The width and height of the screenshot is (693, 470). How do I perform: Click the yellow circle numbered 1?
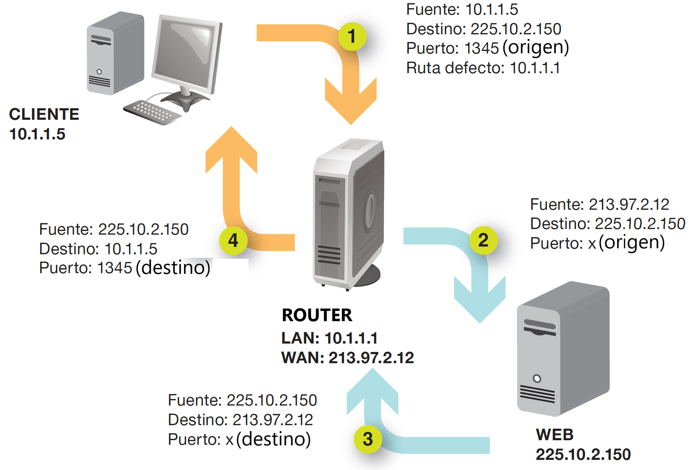click(x=352, y=36)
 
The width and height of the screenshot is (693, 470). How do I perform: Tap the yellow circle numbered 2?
click(x=483, y=240)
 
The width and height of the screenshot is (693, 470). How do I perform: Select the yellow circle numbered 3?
click(x=368, y=439)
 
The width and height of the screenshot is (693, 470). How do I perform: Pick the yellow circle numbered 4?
click(x=233, y=241)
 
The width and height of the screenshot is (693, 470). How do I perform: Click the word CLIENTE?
click(x=44, y=114)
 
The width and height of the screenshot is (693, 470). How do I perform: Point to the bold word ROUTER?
click(x=317, y=315)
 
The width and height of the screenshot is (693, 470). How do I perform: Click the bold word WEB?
click(x=555, y=435)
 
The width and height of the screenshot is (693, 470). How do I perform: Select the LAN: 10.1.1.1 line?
click(x=329, y=338)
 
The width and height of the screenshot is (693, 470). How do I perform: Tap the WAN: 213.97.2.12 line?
click(x=348, y=358)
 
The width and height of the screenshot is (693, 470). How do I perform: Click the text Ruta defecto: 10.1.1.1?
click(x=483, y=68)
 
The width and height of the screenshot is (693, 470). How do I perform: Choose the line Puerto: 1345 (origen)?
click(x=487, y=48)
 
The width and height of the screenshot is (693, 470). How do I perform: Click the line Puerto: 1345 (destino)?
click(x=125, y=268)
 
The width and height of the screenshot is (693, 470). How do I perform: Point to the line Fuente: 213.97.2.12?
click(x=599, y=205)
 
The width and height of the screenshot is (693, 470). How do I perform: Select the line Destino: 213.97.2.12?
click(x=240, y=420)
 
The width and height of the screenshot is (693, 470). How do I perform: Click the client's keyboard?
click(x=152, y=112)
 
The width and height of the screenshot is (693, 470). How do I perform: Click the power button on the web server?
click(x=537, y=379)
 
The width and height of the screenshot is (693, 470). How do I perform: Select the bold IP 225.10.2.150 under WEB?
click(x=583, y=455)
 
